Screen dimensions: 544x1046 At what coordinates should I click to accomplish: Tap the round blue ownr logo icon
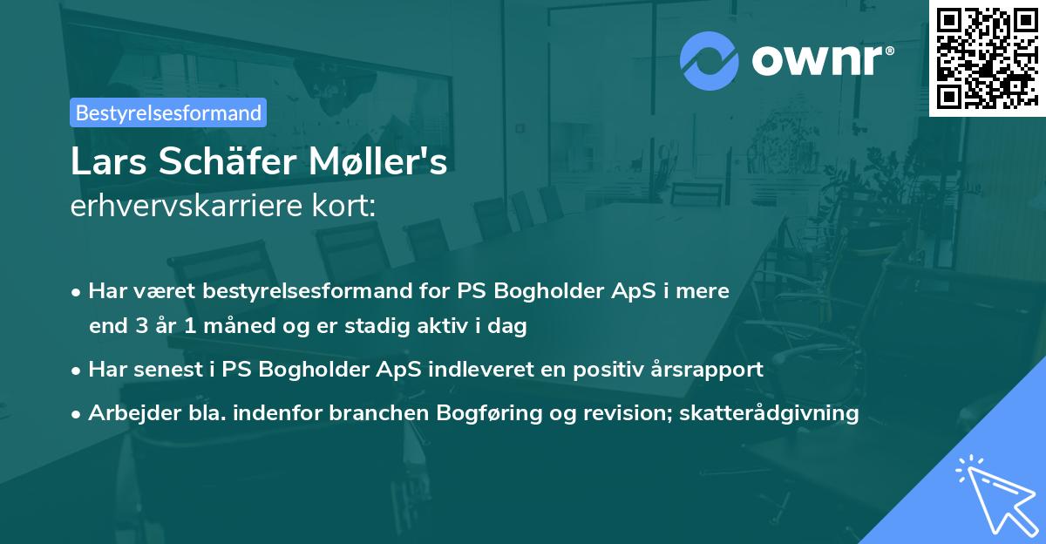tap(710, 60)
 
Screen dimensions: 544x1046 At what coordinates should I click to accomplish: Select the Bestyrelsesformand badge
tap(168, 112)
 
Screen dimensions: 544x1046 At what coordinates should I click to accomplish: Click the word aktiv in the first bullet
tap(440, 327)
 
